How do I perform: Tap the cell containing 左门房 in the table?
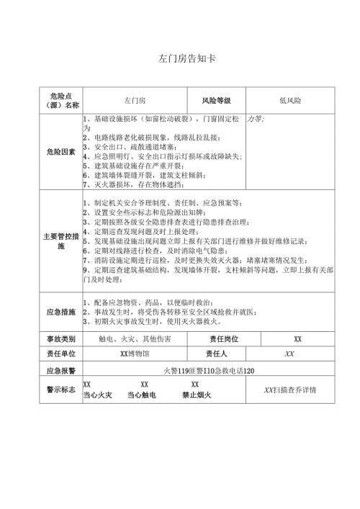tap(135, 100)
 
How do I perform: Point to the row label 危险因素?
tap(61, 151)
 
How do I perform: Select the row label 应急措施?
tap(61, 312)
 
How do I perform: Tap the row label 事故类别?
tap(61, 338)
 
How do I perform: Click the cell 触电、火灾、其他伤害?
tap(135, 338)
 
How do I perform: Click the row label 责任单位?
tap(61, 353)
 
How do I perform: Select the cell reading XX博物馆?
tap(135, 353)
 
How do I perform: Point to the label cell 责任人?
tap(216, 353)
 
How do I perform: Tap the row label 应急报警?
tap(61, 370)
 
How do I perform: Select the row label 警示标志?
tap(61, 389)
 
